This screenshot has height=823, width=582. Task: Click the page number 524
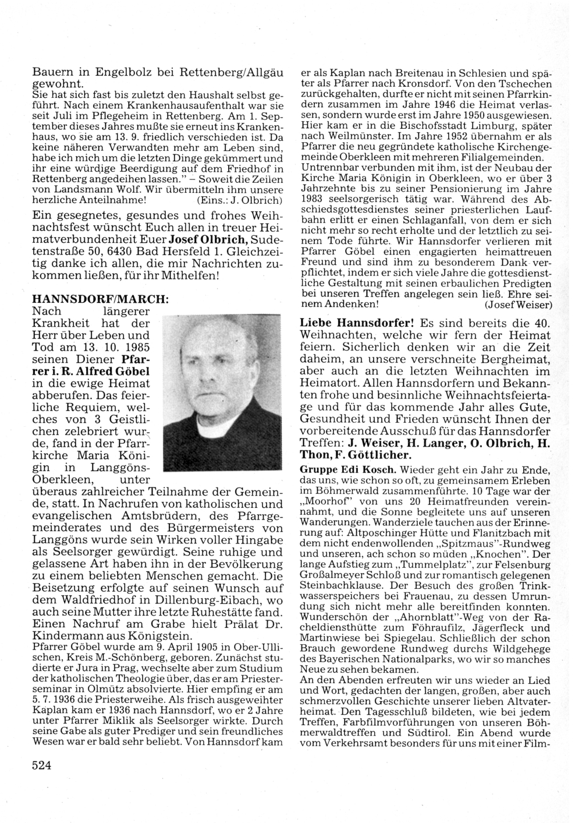(42, 765)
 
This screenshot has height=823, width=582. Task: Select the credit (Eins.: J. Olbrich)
(240, 199)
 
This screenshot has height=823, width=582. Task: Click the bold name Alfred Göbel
(120, 371)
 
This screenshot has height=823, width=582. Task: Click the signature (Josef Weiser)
(518, 304)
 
